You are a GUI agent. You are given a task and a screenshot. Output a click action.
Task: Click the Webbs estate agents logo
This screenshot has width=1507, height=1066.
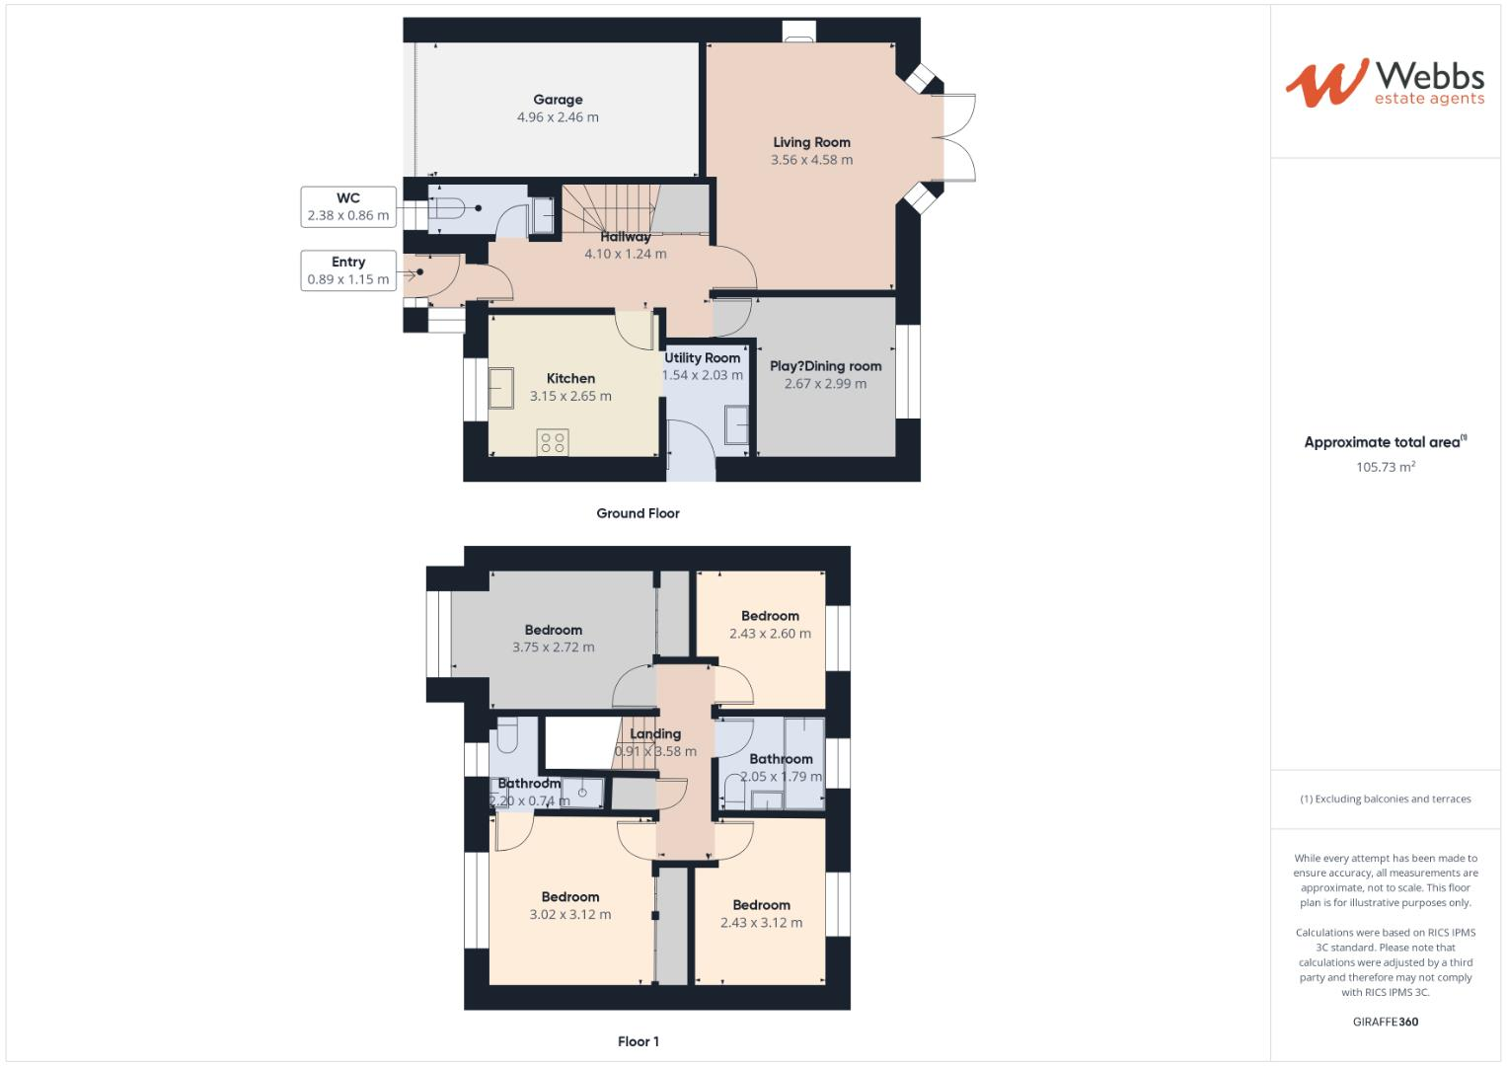(1384, 83)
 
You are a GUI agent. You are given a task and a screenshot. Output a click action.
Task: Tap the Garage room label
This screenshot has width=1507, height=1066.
(558, 100)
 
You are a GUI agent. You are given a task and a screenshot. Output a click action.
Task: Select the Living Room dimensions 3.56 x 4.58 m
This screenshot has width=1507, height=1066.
(811, 160)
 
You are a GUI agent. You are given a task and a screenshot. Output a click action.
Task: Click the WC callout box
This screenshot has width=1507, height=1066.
(347, 206)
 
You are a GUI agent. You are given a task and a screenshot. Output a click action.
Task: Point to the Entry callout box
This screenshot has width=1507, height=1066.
(347, 270)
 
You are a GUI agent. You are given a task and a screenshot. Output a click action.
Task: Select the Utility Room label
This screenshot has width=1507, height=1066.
(702, 358)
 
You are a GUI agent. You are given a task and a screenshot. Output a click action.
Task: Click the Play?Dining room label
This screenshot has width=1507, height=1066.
(825, 366)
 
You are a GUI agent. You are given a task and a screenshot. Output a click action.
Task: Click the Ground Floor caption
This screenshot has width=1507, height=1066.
(638, 513)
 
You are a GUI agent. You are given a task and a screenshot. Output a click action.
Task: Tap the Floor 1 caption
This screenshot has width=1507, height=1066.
(638, 1041)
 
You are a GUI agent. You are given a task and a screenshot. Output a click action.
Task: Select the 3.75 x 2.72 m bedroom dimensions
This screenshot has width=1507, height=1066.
(553, 647)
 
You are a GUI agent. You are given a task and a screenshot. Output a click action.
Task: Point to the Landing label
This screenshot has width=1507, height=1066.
(655, 733)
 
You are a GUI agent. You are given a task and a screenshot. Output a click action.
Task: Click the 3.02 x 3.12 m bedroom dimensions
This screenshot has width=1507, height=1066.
(569, 915)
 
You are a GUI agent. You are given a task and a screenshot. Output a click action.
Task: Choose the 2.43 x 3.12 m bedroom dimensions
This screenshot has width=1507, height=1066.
(761, 923)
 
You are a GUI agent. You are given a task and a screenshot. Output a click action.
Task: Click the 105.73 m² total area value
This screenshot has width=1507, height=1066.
(1385, 467)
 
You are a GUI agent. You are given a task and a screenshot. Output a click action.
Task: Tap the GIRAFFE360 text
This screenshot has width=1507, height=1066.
(1385, 1022)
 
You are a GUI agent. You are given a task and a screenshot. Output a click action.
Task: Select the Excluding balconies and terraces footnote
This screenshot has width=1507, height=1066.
(1385, 799)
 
